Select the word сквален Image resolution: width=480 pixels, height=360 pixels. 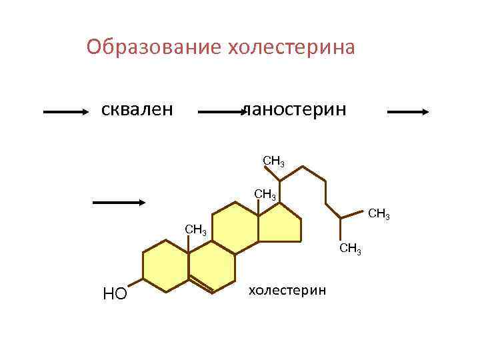[137, 107]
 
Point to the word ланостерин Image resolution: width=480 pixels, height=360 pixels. [295, 107]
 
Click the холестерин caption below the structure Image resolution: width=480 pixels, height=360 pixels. [287, 290]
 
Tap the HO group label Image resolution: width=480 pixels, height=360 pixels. [115, 294]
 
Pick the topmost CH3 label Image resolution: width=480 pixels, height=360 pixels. [274, 161]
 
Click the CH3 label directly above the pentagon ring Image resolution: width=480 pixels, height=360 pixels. [265, 195]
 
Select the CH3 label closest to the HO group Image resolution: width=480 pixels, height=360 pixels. [196, 231]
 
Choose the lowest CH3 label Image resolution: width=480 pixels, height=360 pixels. [350, 250]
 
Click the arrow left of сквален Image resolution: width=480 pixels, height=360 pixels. [65, 113]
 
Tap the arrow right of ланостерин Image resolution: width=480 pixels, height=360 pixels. [408, 113]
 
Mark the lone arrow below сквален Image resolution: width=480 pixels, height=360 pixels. [119, 201]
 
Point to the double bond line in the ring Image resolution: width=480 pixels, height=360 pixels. [202, 284]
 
